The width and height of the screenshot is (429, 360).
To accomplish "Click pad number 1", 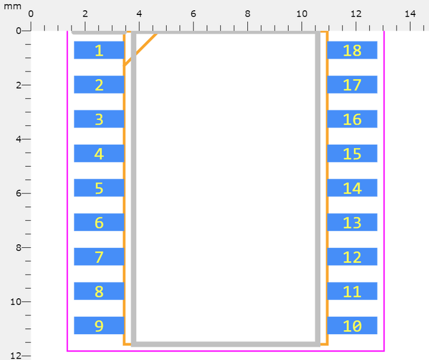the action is pos(99,50).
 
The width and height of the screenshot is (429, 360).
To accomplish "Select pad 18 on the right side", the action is pos(352,50).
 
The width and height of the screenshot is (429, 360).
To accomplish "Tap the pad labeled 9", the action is pos(99,326).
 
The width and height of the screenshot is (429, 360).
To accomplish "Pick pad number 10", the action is pos(352,326).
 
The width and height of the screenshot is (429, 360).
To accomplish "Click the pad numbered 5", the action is pos(99,188).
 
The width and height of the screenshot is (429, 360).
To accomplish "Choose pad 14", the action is pos(352,188).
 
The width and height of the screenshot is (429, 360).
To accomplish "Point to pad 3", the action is pos(99,119).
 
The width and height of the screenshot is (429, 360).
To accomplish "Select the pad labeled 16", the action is pos(352,119).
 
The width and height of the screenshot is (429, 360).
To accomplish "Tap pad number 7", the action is pos(99,257).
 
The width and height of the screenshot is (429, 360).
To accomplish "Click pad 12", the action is pos(352,257).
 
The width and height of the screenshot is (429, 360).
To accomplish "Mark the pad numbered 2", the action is pos(99,85).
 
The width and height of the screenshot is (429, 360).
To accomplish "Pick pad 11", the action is pos(352,291).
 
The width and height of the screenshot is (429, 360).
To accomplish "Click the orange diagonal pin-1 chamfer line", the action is pos(140,49).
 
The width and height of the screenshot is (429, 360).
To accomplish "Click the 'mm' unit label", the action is pos(13,6).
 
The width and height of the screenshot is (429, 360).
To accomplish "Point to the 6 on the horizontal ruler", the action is pos(193,14).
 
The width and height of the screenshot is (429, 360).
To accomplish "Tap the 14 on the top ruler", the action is pos(410,14).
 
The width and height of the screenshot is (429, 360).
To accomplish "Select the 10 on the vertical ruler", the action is pos(16,302).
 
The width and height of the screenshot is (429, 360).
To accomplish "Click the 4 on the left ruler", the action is pos(19,139).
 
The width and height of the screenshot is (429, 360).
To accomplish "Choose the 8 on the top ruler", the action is pos(248,14).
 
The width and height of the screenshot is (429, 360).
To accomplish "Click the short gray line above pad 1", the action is pos(99,33).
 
